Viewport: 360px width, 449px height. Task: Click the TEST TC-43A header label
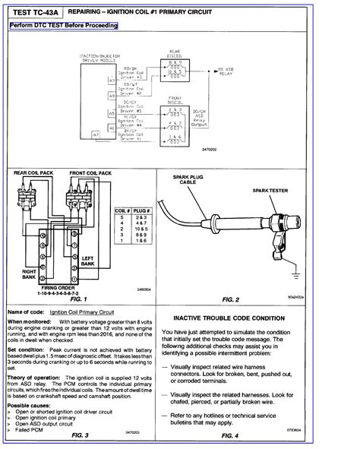coord(34,14)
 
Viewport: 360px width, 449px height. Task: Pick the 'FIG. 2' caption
coord(248,299)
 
